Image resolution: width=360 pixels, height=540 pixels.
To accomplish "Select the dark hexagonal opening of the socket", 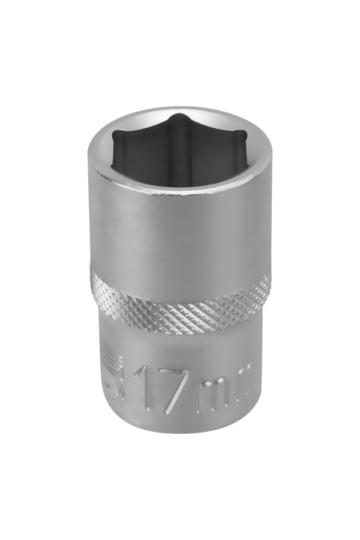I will pyautogui.click(x=180, y=147).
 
